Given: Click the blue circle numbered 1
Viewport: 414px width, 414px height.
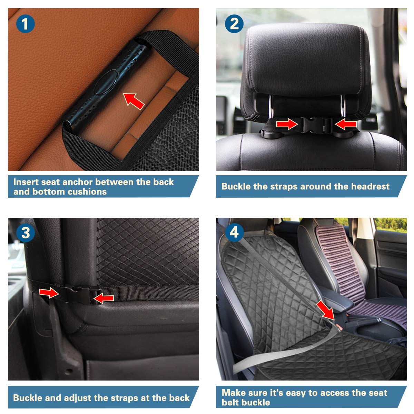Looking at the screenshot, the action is tap(25, 24).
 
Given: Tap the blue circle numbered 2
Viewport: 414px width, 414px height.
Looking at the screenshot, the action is tap(234, 24).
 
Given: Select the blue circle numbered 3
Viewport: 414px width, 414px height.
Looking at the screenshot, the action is tap(25, 233).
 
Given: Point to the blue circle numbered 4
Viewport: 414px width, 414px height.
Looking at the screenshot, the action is tap(234, 233).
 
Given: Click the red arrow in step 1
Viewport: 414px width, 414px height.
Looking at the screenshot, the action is tap(134, 101).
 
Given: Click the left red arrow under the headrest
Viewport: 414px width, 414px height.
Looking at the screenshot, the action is tap(287, 124).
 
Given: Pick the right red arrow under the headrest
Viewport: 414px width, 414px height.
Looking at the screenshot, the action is tap(345, 124).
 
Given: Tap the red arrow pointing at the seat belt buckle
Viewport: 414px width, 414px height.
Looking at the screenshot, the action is tap(325, 310).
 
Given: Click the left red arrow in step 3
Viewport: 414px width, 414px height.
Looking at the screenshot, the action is tap(49, 293).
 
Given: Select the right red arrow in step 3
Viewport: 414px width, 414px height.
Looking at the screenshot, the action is tap(103, 299).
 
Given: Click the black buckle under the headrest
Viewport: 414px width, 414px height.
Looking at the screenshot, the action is tap(316, 125).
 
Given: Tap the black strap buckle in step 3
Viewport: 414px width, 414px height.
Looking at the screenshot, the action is tap(82, 294).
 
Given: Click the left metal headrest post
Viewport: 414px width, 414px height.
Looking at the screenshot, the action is tap(271, 106).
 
